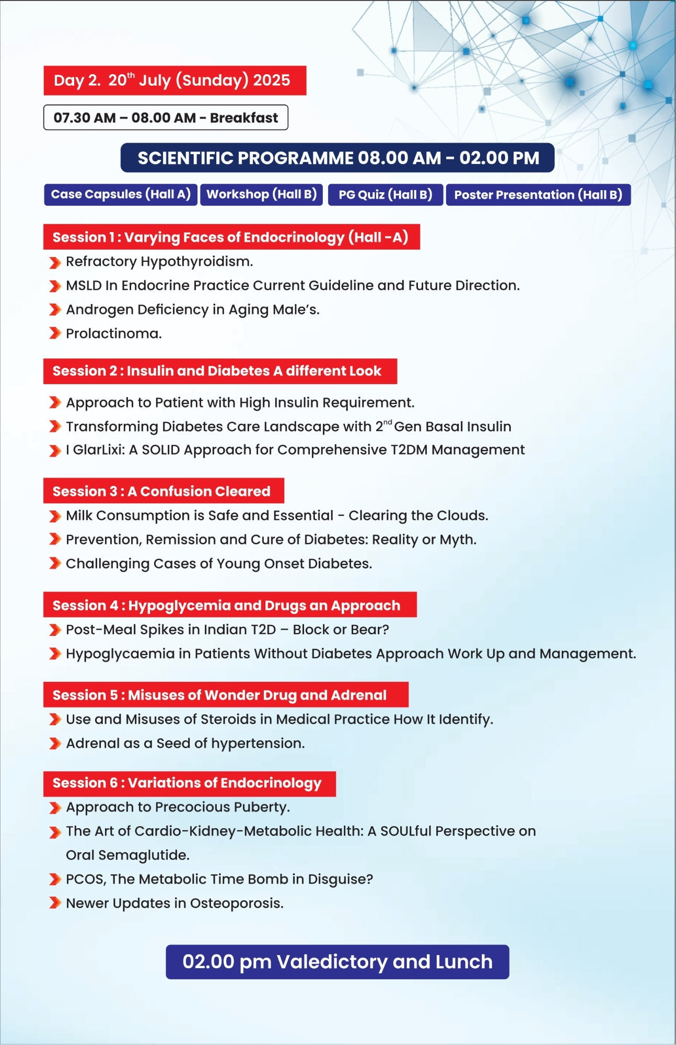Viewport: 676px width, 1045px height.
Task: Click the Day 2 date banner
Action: [174, 80]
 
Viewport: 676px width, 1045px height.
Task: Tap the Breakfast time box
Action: [166, 118]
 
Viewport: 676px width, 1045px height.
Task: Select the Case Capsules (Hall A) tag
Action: [121, 194]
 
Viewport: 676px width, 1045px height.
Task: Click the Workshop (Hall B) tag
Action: [262, 194]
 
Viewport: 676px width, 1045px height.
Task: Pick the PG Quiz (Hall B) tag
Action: [386, 195]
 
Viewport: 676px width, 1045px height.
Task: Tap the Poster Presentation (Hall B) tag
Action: [538, 195]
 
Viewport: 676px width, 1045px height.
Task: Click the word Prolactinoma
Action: [113, 334]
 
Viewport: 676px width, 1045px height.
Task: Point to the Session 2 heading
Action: [220, 371]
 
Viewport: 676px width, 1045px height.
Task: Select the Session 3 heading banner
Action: [164, 491]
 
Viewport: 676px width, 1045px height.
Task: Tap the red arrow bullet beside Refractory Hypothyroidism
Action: [55, 262]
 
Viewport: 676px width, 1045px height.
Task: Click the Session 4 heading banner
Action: [230, 605]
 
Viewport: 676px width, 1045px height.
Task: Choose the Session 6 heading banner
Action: [189, 783]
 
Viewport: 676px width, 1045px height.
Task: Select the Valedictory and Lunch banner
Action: [337, 962]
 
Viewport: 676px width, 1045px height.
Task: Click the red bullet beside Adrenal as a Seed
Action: [55, 744]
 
